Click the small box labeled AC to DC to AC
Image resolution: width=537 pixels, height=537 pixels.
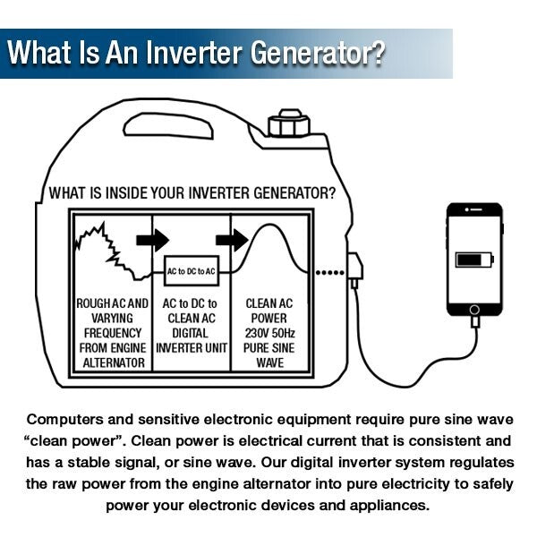192,269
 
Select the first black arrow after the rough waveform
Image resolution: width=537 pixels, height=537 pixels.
152,240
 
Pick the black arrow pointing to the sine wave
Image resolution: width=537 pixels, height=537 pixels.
231,240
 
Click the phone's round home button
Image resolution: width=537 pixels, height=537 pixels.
473,309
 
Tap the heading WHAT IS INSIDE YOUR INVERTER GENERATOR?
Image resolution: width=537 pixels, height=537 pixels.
192,192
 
